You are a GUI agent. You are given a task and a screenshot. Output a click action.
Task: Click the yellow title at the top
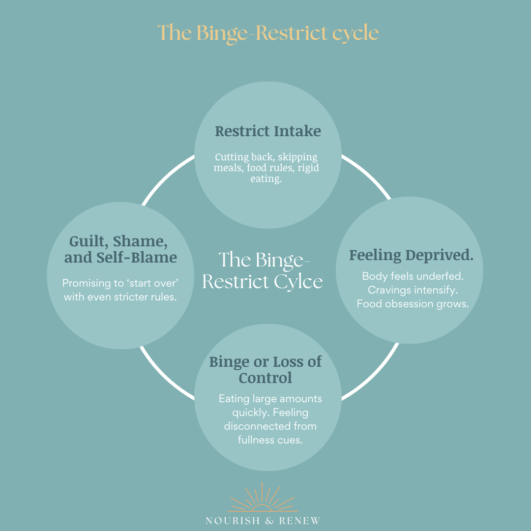tap(268, 33)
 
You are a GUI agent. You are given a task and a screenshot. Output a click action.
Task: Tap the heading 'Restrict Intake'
tap(268, 131)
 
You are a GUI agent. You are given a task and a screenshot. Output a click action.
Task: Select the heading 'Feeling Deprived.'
tap(411, 255)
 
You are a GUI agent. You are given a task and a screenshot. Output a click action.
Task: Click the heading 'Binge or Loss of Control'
tap(265, 369)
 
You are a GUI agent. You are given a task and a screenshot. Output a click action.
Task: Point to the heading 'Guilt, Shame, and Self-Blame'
tap(120, 249)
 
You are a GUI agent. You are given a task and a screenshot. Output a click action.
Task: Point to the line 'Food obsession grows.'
tap(413, 304)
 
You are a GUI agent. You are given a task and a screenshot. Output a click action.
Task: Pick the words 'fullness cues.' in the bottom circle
tap(270, 440)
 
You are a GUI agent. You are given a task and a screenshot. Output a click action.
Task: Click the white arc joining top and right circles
tap(368, 174)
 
